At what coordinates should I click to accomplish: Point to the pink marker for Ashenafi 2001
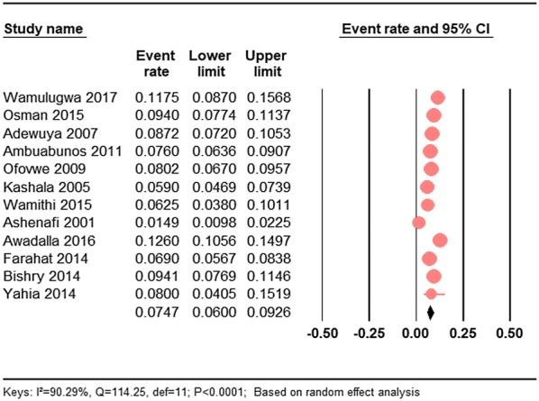[418, 221]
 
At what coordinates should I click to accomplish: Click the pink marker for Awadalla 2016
[440, 240]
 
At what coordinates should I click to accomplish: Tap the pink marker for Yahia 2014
[432, 294]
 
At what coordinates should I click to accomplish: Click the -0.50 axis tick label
[323, 333]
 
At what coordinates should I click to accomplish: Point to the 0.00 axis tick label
[416, 333]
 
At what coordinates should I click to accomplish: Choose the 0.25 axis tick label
[462, 333]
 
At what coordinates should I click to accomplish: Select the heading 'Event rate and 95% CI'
[415, 31]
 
